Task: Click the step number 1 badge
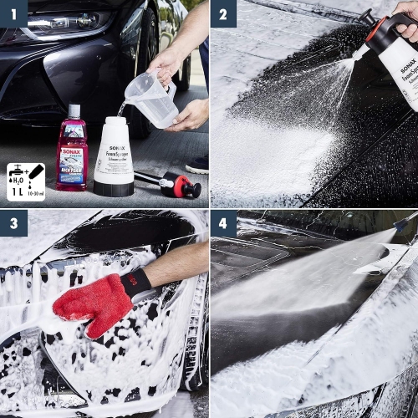pyautogui.click(x=13, y=13)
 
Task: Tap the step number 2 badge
pyautogui.click(x=223, y=13)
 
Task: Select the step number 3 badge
pyautogui.click(x=13, y=223)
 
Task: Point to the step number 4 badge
pyautogui.click(x=223, y=223)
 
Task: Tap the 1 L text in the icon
pyautogui.click(x=16, y=192)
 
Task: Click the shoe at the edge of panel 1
pyautogui.click(x=198, y=164)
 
